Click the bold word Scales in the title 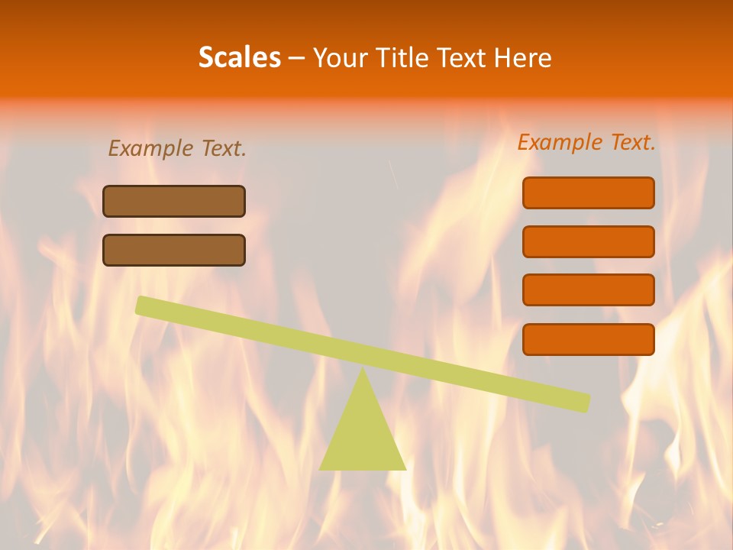(239, 57)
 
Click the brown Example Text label (177, 148)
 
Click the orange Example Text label (586, 142)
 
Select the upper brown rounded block (174, 201)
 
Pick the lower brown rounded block (174, 250)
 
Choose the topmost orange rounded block (589, 192)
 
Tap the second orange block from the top (589, 241)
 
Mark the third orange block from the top (589, 290)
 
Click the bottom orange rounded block (589, 339)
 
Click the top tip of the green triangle (363, 370)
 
